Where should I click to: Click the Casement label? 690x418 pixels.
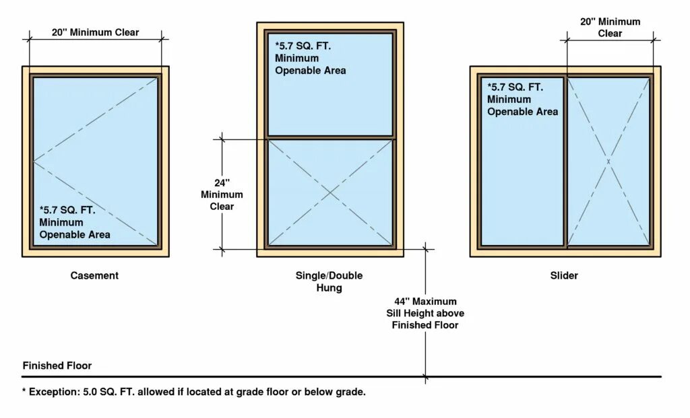click(94, 275)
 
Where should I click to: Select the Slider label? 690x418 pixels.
click(564, 275)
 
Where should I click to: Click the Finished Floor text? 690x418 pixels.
click(57, 365)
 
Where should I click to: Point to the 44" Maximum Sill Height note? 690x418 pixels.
click(425, 313)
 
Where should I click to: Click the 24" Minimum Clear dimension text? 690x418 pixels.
click(222, 195)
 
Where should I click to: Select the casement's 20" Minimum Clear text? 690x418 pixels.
click(95, 32)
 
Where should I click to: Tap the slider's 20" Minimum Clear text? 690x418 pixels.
click(610, 27)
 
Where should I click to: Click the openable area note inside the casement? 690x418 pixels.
click(74, 222)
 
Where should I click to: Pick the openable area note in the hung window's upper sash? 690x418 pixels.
click(310, 58)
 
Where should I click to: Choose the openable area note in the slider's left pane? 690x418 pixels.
click(522, 99)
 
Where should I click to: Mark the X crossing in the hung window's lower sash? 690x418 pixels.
click(330, 193)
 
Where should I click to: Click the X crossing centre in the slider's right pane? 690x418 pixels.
click(608, 162)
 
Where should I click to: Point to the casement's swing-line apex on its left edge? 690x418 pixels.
click(34, 161)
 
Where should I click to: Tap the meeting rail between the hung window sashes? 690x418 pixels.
click(330, 137)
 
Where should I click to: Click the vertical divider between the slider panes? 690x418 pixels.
click(565, 162)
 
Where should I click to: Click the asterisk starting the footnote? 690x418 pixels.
click(24, 391)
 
